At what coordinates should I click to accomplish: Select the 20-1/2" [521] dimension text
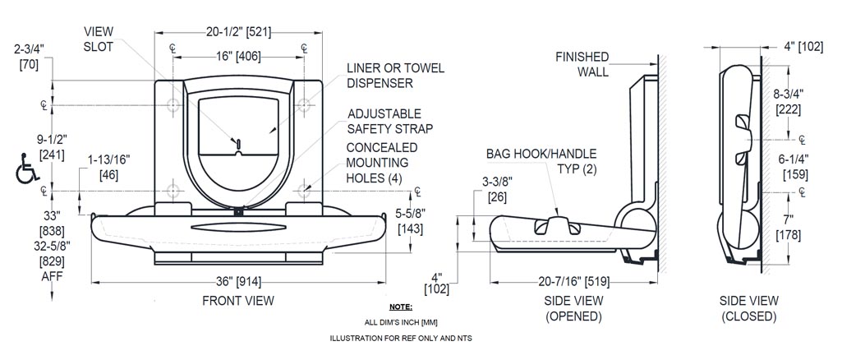[x=238, y=32]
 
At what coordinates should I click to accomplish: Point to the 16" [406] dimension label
[x=238, y=57]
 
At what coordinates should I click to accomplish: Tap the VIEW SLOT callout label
[x=99, y=39]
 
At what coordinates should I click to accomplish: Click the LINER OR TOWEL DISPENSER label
[x=395, y=75]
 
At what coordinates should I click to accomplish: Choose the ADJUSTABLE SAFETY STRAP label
[x=389, y=121]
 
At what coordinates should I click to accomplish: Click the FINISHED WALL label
[x=582, y=64]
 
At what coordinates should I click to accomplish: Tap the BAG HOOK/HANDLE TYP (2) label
[x=541, y=161]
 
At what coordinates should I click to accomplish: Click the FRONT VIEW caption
[x=238, y=301]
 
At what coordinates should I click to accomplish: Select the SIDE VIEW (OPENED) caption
[x=574, y=309]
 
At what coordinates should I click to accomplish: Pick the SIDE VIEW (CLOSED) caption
[x=748, y=309]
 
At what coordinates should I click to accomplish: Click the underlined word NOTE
[x=401, y=307]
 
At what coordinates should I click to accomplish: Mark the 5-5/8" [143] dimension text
[x=410, y=221]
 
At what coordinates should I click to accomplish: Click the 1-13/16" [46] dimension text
[x=108, y=168]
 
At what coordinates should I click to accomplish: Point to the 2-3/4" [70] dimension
[x=29, y=56]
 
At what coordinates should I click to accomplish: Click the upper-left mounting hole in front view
[x=173, y=105]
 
